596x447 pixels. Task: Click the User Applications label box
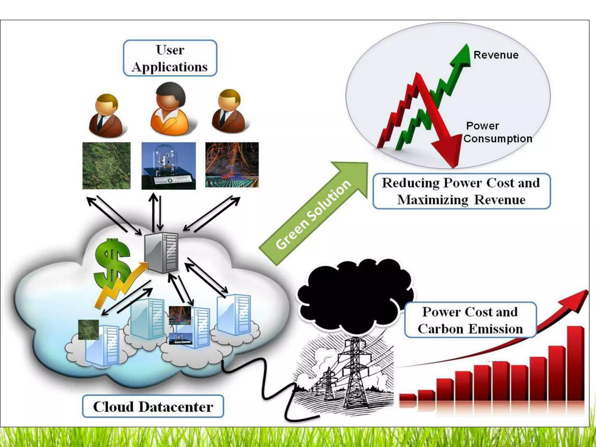click(170, 58)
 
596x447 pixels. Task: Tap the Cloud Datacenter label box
click(153, 407)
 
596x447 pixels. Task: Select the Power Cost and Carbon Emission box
click(470, 320)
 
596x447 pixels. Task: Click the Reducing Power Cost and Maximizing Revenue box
click(461, 191)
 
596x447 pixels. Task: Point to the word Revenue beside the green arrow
click(496, 55)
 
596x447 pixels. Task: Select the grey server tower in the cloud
click(162, 252)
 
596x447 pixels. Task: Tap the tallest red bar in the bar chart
click(575, 364)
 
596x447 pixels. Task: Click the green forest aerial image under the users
click(107, 166)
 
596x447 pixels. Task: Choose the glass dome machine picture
click(168, 166)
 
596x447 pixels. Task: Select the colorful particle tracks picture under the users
click(232, 165)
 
